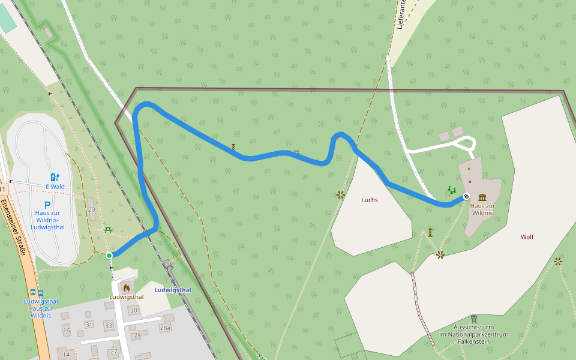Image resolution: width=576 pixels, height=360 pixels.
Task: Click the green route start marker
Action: click(109, 256)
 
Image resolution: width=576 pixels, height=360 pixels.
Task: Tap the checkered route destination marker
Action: click(466, 196)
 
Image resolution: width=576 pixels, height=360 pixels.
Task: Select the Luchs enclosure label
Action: click(370, 200)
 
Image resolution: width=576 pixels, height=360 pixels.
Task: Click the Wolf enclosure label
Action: click(527, 237)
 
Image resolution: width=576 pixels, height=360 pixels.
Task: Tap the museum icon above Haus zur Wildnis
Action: click(482, 197)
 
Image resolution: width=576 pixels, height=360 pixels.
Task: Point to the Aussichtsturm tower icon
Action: click(474, 319)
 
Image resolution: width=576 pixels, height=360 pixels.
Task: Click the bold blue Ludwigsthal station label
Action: click(172, 290)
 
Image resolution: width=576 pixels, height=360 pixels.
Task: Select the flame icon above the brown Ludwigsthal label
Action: click(127, 287)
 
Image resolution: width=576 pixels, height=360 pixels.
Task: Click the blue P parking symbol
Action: click(47, 205)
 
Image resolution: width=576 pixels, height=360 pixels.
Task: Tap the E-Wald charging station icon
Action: click(55, 177)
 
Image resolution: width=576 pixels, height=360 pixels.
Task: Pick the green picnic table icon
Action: click(109, 229)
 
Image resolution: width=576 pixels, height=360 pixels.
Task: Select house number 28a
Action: click(165, 328)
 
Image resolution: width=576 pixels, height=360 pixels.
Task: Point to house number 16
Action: click(66, 331)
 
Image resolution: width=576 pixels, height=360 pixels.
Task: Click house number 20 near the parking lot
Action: click(91, 209)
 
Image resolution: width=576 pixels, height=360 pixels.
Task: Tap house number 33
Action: click(108, 326)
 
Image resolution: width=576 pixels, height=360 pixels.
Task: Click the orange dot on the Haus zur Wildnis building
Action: click(469, 169)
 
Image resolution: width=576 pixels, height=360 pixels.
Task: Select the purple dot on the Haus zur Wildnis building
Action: click(470, 182)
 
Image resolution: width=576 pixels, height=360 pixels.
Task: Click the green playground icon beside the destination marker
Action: click(451, 190)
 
